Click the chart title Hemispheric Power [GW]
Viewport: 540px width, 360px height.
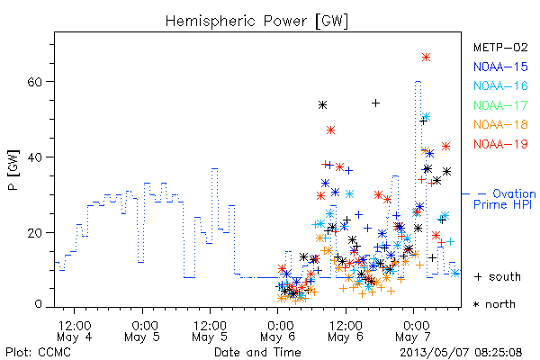[x=256, y=22]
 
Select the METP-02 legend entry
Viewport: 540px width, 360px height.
[x=500, y=47]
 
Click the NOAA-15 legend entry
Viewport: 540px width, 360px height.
[x=500, y=67]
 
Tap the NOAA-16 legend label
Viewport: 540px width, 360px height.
[x=500, y=85]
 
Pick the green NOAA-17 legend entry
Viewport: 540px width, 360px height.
[x=500, y=105]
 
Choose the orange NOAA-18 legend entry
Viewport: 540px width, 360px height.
[x=500, y=124]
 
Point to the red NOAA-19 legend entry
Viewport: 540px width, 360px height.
[x=500, y=144]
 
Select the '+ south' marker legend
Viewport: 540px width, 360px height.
[x=498, y=276]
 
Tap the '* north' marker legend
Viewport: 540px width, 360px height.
[x=494, y=304]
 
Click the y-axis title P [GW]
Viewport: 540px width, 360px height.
[x=13, y=170]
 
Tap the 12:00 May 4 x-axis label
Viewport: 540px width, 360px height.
[x=75, y=331]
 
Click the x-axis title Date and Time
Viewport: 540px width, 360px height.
[x=257, y=353]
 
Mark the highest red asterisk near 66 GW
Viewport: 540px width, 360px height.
[x=426, y=58]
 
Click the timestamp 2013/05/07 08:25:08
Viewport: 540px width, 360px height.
[x=461, y=353]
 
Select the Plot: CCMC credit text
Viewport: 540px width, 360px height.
[x=38, y=353]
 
